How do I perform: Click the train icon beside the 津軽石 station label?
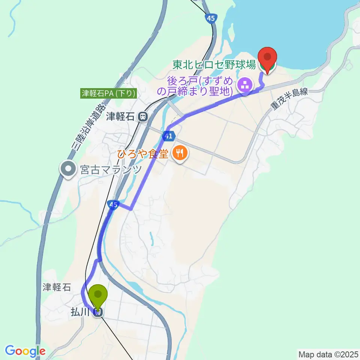click(x=142, y=117)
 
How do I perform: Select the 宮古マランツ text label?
click(x=111, y=170)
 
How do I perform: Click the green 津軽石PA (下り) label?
click(x=108, y=93)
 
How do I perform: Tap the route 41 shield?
click(x=168, y=135)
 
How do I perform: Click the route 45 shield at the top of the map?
click(x=211, y=18)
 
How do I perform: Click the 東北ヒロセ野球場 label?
click(x=214, y=65)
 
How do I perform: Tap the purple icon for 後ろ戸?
click(x=246, y=85)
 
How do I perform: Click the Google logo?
click(x=25, y=351)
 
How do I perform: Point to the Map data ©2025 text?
click(x=328, y=354)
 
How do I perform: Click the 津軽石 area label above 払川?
click(x=56, y=288)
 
